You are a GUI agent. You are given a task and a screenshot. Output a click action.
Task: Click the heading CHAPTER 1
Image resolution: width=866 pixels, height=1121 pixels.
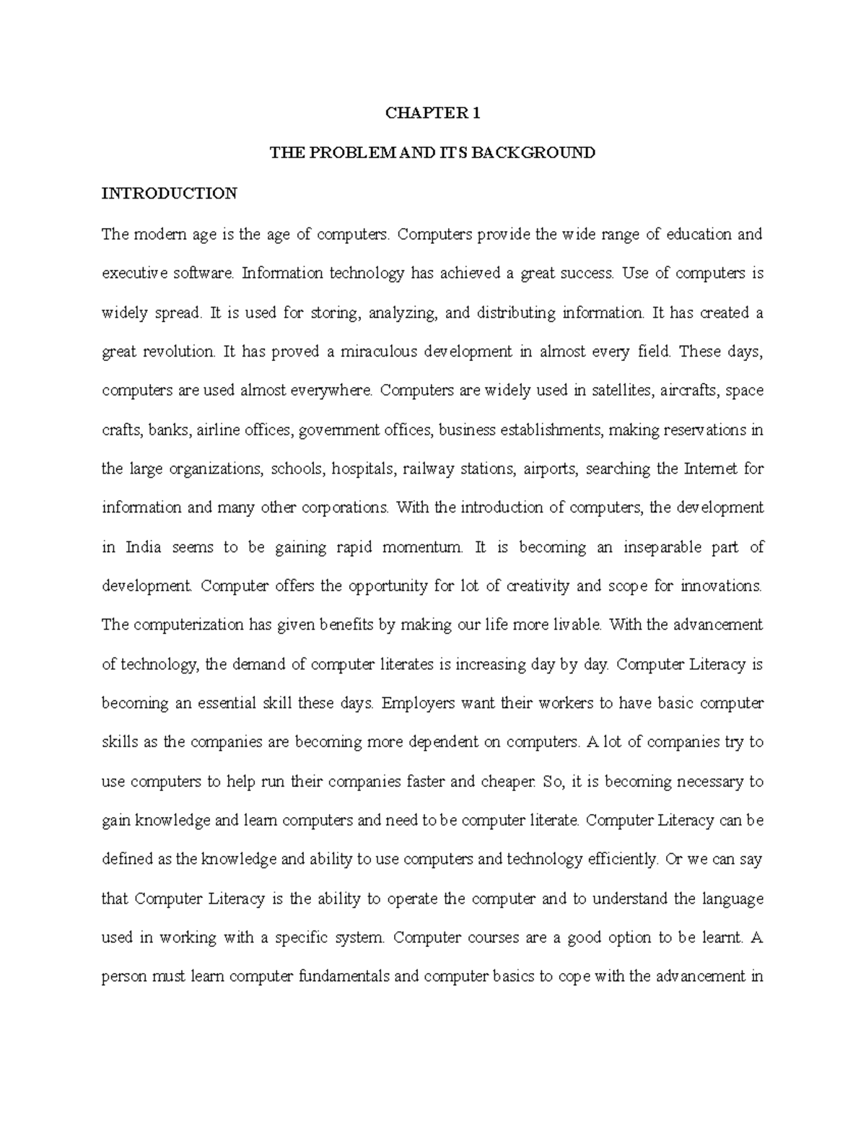432,113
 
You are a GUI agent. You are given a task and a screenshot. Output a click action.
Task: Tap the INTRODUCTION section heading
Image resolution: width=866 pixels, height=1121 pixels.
169,193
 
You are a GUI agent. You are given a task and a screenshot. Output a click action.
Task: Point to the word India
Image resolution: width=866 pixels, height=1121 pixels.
144,548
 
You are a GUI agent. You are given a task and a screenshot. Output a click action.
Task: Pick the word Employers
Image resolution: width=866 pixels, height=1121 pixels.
416,704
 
